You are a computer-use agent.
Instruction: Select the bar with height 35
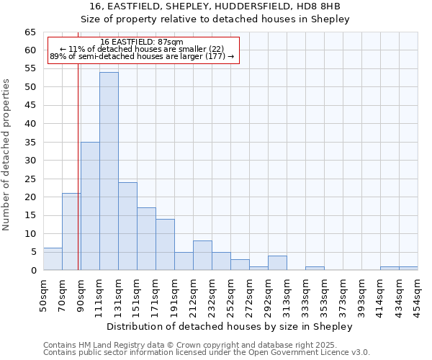[90, 206]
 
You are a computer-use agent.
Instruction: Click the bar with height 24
[127, 226]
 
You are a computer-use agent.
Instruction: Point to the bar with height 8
[202, 256]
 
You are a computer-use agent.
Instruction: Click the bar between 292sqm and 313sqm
[277, 263]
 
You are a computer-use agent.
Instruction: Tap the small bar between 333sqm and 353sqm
[315, 269]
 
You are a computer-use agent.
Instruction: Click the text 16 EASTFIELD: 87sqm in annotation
[142, 42]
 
